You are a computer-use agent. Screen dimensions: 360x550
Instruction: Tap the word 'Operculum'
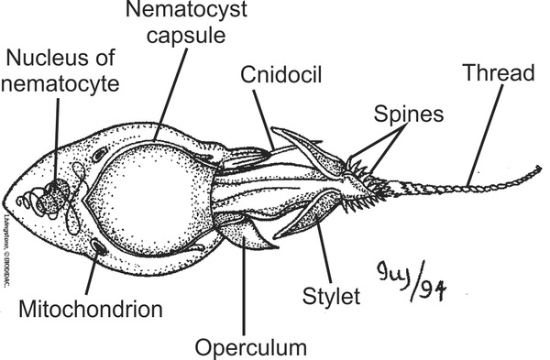click(249, 347)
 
